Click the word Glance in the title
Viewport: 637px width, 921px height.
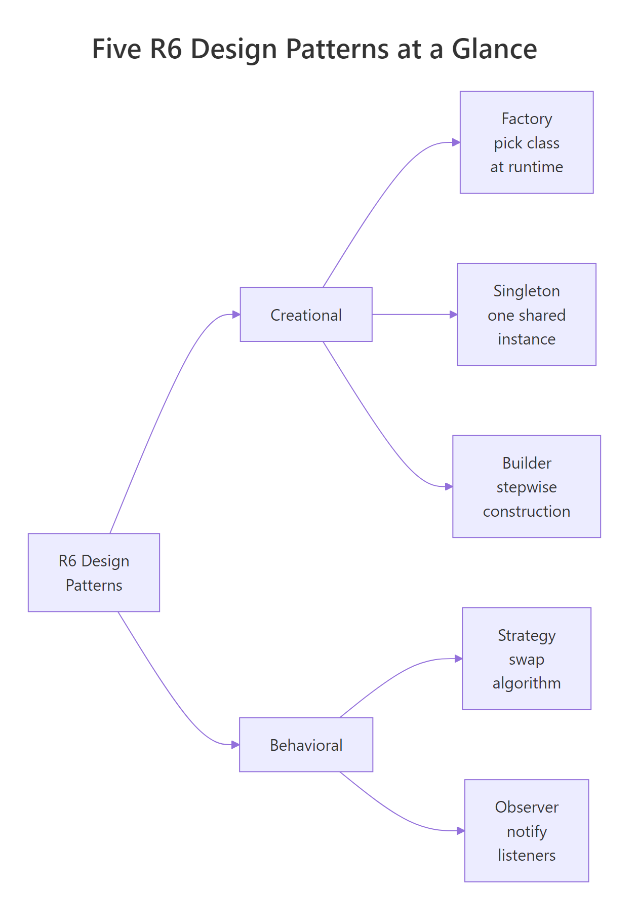pos(494,49)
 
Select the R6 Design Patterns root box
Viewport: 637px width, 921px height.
pos(94,572)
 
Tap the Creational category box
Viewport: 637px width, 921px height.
pos(306,315)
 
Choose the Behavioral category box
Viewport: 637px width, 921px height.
pos(306,745)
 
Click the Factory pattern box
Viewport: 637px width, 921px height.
pos(526,142)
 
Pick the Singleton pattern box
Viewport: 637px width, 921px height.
pos(526,314)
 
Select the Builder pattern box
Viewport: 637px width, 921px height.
pos(526,486)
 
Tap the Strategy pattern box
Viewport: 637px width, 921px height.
pos(526,659)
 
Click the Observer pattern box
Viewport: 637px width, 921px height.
pos(526,831)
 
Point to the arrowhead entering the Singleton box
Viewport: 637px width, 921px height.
pos(453,315)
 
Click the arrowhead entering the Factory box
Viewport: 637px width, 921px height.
pos(456,142)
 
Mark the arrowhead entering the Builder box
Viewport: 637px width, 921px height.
pos(449,486)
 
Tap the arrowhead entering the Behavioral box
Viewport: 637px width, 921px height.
pos(235,745)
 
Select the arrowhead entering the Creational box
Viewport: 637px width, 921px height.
pos(236,315)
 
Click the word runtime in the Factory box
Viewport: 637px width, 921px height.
pos(538,167)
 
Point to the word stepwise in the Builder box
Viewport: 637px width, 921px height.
pos(526,487)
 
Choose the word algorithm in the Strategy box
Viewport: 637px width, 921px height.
pos(526,683)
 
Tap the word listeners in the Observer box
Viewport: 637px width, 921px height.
pos(526,856)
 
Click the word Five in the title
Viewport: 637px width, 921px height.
pos(116,49)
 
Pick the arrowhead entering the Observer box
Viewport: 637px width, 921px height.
pos(461,831)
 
